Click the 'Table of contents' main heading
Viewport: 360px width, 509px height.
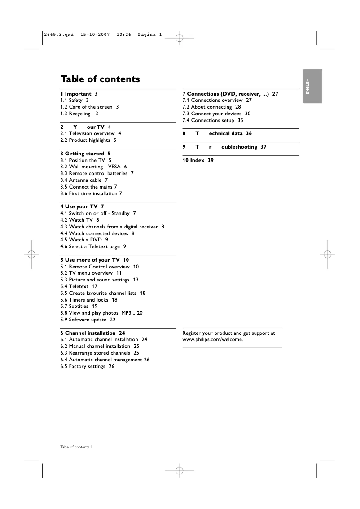pyautogui.click(x=100, y=79)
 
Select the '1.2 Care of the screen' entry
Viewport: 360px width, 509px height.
pyautogui.click(x=89, y=107)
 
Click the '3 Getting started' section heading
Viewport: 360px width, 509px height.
pyautogui.click(x=85, y=154)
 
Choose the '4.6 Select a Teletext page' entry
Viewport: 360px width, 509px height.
pyautogui.click(x=93, y=246)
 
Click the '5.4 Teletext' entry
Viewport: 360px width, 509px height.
pyautogui.click(x=79, y=286)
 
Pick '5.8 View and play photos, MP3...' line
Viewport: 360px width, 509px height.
pyautogui.click(x=101, y=313)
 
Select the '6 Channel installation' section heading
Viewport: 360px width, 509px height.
pyautogui.click(x=92, y=333)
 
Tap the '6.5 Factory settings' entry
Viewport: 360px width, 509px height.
pyautogui.click(x=87, y=366)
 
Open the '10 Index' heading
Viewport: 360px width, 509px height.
pyautogui.click(x=198, y=160)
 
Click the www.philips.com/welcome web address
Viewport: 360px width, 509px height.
pyautogui.click(x=212, y=339)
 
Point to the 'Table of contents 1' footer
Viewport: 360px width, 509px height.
pyautogui.click(x=76, y=447)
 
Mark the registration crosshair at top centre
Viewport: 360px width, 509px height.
pyautogui.click(x=179, y=38)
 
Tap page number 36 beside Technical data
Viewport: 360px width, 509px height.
pyautogui.click(x=249, y=133)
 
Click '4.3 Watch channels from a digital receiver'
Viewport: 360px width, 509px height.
pyautogui.click(x=112, y=227)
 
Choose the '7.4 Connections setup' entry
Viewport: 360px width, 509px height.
pyautogui.click(x=212, y=120)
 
